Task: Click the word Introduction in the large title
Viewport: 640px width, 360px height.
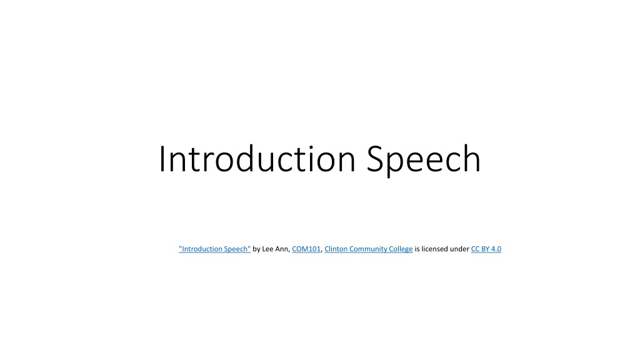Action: pyautogui.click(x=257, y=159)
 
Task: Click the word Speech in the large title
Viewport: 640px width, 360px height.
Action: pyautogui.click(x=424, y=160)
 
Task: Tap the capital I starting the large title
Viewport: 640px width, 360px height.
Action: pyautogui.click(x=162, y=159)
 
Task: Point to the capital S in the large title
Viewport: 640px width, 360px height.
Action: pyautogui.click(x=375, y=159)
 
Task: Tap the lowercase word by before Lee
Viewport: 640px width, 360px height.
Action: pyautogui.click(x=256, y=249)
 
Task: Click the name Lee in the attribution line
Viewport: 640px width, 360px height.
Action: pyautogui.click(x=267, y=249)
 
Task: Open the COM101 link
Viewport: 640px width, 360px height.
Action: pyautogui.click(x=306, y=249)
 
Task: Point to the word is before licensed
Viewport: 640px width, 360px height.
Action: pyautogui.click(x=417, y=249)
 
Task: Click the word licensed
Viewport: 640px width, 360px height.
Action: pyautogui.click(x=435, y=249)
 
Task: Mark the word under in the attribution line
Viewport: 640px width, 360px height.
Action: pyautogui.click(x=459, y=249)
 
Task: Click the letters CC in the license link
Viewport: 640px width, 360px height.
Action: pyautogui.click(x=475, y=249)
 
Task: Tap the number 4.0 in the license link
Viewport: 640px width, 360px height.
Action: pyautogui.click(x=496, y=249)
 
